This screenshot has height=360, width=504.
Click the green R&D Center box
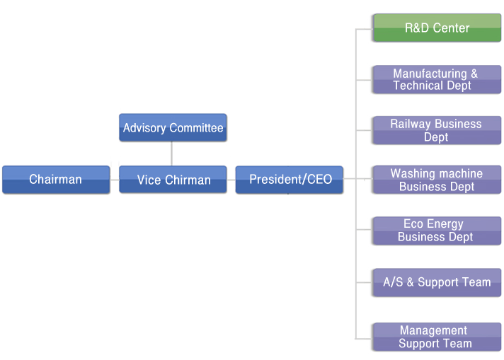[437, 28]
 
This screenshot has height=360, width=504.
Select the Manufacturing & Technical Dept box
[437, 80]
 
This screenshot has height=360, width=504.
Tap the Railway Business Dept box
[437, 130]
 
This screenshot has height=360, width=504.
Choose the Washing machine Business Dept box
[437, 180]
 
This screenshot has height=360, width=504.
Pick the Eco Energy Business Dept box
[437, 231]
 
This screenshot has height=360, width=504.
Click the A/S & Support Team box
[437, 283]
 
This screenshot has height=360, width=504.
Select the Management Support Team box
[437, 337]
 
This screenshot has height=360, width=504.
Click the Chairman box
[56, 180]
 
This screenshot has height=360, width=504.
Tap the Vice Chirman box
[173, 180]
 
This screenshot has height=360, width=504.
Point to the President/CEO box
[290, 180]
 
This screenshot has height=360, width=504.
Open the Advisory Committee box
[173, 127]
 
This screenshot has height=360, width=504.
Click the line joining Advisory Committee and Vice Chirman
[171, 153]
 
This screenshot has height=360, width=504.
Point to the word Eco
[413, 223]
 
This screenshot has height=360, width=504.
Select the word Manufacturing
[430, 74]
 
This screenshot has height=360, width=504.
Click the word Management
[434, 330]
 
